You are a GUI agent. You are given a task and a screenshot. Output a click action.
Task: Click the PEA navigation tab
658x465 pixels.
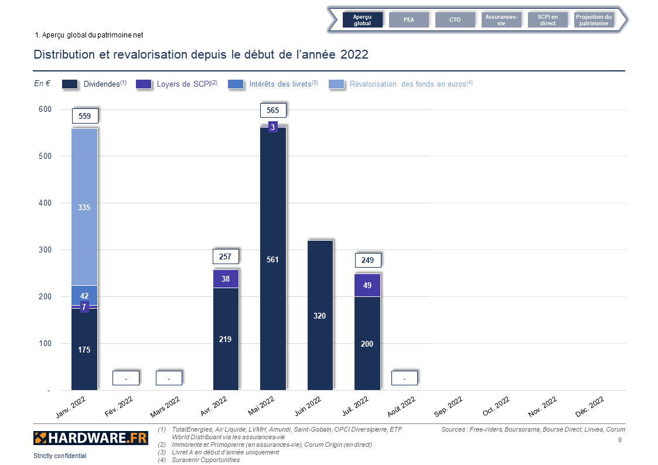coord(408,20)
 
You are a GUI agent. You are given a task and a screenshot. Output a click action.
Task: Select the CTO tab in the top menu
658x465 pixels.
coord(455,20)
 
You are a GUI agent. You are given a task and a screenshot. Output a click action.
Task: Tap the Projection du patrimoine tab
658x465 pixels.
coord(594,20)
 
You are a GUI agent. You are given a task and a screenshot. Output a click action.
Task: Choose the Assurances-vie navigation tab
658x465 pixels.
coord(501,20)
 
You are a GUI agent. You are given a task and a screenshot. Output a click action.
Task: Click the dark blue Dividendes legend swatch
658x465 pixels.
coord(70,84)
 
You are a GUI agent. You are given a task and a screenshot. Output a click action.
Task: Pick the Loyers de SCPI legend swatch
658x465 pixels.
coord(144,84)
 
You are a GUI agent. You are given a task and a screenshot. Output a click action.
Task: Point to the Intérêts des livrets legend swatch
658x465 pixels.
coord(236,84)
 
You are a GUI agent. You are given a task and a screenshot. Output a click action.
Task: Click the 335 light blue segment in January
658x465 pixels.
coord(84,207)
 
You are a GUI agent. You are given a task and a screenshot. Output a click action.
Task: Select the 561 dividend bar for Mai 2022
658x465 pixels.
coord(272,259)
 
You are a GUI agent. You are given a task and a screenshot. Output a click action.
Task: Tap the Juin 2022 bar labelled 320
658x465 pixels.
coord(320,315)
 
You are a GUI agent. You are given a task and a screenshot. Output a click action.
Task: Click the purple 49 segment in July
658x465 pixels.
coord(367,285)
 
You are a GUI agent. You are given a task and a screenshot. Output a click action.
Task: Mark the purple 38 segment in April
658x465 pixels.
coord(226,279)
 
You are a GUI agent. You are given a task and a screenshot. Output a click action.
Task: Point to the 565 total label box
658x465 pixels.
coord(272,110)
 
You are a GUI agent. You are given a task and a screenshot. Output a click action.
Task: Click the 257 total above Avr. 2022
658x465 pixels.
coord(226,257)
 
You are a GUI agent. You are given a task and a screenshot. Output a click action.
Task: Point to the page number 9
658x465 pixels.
coord(620,439)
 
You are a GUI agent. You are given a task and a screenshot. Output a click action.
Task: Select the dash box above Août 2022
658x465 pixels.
coord(404,378)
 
